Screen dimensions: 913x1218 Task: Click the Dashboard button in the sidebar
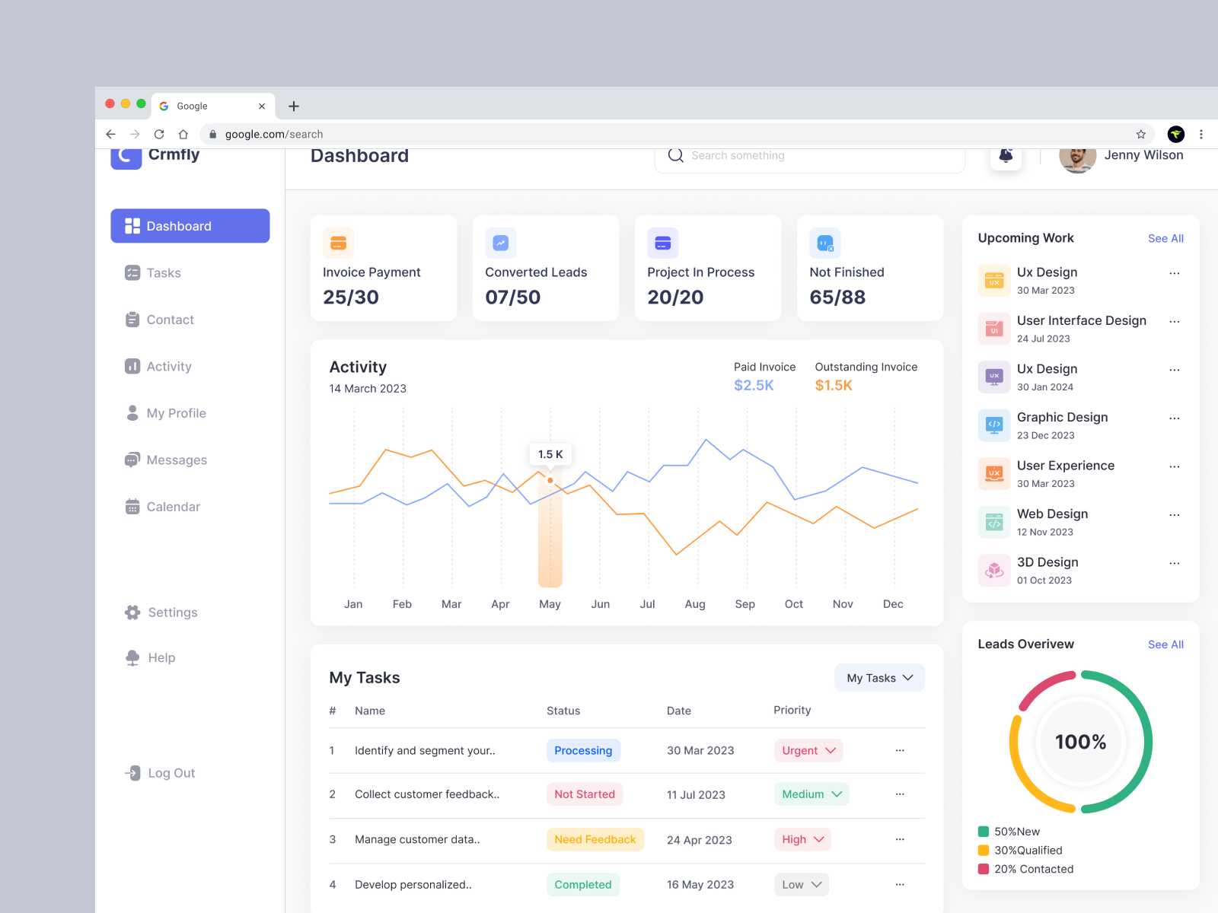click(x=190, y=226)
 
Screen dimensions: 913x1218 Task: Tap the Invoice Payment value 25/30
click(x=351, y=297)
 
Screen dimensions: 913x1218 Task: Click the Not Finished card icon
click(x=825, y=243)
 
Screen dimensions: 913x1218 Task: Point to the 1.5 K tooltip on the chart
click(x=550, y=454)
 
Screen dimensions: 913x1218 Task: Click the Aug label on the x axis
click(x=695, y=604)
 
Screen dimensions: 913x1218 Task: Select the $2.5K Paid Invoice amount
click(x=754, y=386)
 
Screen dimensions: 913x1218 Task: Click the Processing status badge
click(x=583, y=751)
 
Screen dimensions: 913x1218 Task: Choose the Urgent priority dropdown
click(x=808, y=751)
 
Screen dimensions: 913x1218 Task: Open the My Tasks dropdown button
click(x=879, y=678)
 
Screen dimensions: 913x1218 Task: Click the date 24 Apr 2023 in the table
click(x=699, y=840)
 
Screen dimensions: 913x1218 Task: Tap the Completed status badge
click(x=583, y=885)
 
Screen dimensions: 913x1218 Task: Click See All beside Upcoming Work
click(x=1165, y=239)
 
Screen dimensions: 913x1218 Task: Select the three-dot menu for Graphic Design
click(x=1175, y=418)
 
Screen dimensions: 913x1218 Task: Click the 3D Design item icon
click(x=994, y=570)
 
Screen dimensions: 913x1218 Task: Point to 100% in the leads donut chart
click(x=1080, y=742)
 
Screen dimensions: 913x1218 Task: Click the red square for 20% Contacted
click(x=984, y=869)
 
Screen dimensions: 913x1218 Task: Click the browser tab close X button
click(x=262, y=107)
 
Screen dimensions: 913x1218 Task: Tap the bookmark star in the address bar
click(x=1140, y=135)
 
